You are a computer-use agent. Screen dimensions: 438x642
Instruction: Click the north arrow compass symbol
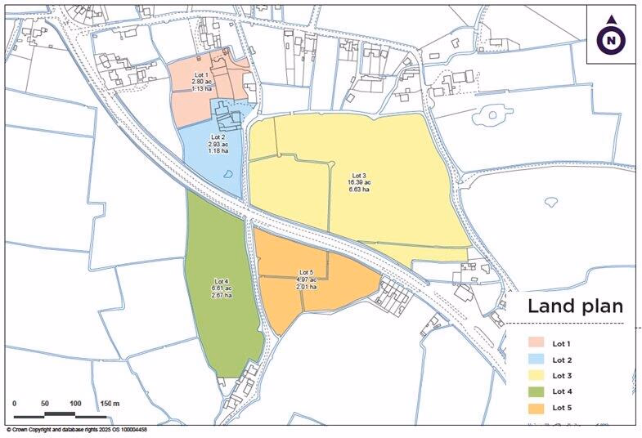611,38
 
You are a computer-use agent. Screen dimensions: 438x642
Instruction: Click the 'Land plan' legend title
575,306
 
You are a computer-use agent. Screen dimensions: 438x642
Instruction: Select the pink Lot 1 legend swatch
536,343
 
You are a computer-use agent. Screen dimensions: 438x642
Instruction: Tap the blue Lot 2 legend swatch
536,360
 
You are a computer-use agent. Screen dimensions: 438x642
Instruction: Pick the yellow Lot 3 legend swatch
536,375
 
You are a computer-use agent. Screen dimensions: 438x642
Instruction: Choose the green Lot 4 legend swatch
536,391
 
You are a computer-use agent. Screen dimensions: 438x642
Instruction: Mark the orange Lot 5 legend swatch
536,407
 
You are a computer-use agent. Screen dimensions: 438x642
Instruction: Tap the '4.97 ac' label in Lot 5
306,279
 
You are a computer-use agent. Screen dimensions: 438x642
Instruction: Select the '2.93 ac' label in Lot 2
218,144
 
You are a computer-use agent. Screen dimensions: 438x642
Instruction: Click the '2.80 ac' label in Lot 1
201,82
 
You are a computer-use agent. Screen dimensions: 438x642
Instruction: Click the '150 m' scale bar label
110,404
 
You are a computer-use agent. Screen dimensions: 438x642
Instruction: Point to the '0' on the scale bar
15,404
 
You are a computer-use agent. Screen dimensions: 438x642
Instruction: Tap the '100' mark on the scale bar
75,404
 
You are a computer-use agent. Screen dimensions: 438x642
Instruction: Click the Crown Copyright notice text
77,429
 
